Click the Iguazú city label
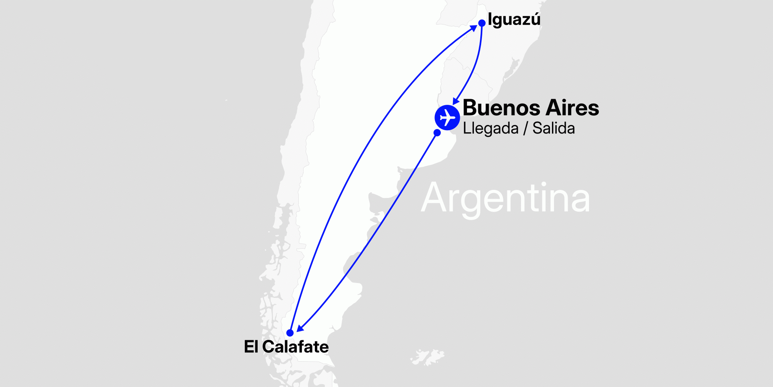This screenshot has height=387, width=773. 514,20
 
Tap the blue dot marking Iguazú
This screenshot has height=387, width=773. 482,23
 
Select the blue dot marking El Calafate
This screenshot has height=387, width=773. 290,333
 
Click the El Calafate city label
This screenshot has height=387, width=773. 286,347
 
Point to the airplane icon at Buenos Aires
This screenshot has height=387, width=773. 447,118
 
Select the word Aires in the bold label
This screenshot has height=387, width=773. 573,108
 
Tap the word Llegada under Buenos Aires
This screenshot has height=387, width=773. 490,129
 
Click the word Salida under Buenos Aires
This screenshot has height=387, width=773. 554,129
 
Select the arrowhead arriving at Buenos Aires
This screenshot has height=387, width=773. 456,101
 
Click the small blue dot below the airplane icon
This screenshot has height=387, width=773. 437,133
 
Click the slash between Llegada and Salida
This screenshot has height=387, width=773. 525,129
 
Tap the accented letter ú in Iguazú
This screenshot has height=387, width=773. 535,19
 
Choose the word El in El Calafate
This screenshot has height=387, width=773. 250,347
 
